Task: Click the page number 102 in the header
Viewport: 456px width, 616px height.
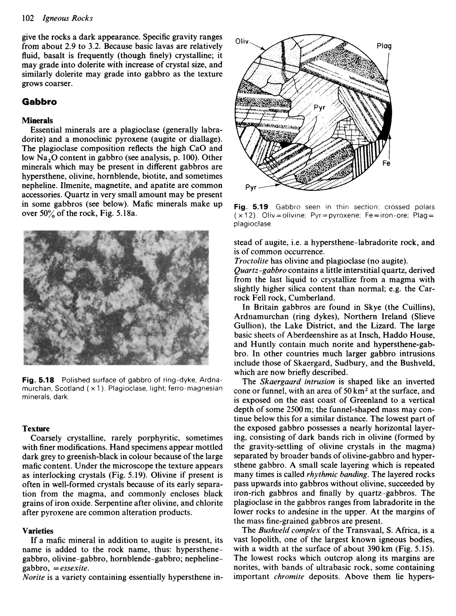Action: (x=28, y=18)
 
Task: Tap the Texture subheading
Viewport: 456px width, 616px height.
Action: (x=36, y=429)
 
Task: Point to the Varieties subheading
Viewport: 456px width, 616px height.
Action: (x=38, y=531)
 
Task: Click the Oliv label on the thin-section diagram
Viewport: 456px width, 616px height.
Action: (x=242, y=42)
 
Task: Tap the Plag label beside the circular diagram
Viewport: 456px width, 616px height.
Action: (x=384, y=46)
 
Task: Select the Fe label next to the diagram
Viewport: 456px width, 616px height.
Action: (x=386, y=163)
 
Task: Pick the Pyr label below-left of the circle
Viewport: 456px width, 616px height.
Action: (x=251, y=188)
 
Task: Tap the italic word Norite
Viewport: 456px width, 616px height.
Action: (x=33, y=577)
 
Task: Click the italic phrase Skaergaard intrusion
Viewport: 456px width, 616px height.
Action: (x=297, y=382)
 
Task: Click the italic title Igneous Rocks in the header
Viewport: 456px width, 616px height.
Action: (x=68, y=18)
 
